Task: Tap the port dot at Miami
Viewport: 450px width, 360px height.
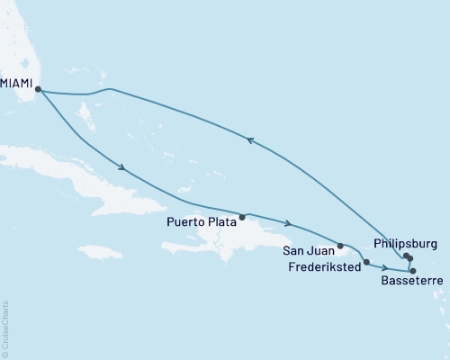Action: pyautogui.click(x=38, y=88)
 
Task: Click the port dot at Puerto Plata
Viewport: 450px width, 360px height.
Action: pyautogui.click(x=241, y=217)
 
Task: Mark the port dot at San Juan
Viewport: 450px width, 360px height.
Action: pyautogui.click(x=340, y=245)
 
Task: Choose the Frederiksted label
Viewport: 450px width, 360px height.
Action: pyautogui.click(x=325, y=266)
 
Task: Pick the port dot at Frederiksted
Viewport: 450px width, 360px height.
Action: pyautogui.click(x=366, y=262)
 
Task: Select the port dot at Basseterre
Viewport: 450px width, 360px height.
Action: pyautogui.click(x=413, y=271)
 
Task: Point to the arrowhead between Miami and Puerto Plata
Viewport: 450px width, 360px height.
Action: pyautogui.click(x=121, y=166)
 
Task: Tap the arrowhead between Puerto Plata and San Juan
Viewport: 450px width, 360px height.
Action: pyautogui.click(x=287, y=223)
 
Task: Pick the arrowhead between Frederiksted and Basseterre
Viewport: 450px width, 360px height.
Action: pyautogui.click(x=385, y=268)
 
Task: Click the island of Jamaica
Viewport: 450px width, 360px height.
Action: pyautogui.click(x=99, y=251)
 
